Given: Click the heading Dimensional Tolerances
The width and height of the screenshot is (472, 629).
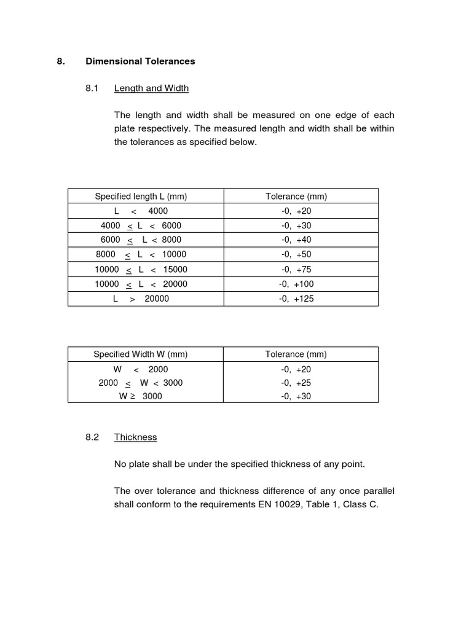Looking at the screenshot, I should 140,61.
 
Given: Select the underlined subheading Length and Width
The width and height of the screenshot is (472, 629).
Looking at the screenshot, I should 151,88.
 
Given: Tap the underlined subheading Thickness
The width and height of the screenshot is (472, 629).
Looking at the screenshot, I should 135,437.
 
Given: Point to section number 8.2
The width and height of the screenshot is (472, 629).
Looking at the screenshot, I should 92,437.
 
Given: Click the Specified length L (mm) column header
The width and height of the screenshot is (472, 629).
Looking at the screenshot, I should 141,196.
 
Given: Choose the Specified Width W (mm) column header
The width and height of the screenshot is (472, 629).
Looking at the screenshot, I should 141,354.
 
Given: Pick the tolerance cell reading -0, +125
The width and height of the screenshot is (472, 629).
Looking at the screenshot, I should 296,299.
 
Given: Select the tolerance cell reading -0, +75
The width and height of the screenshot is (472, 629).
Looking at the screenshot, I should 296,269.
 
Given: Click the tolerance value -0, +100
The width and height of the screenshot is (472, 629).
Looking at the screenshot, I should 296,284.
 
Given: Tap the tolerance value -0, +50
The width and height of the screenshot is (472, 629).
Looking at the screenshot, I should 296,254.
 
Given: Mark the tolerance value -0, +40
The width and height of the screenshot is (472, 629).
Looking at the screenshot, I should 296,240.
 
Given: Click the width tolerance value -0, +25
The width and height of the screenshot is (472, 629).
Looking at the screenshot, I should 296,382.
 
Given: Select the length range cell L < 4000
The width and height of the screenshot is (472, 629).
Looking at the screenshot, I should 141,211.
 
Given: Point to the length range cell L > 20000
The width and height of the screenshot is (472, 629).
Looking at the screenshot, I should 141,299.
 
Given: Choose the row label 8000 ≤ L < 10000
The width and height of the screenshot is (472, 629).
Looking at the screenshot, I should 141,254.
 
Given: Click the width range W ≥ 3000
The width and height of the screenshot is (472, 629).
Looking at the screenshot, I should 141,396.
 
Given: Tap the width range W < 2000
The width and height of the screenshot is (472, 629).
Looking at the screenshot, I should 141,369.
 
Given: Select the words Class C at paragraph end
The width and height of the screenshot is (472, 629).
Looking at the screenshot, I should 363,505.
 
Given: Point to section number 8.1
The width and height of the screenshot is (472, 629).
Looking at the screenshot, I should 92,88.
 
